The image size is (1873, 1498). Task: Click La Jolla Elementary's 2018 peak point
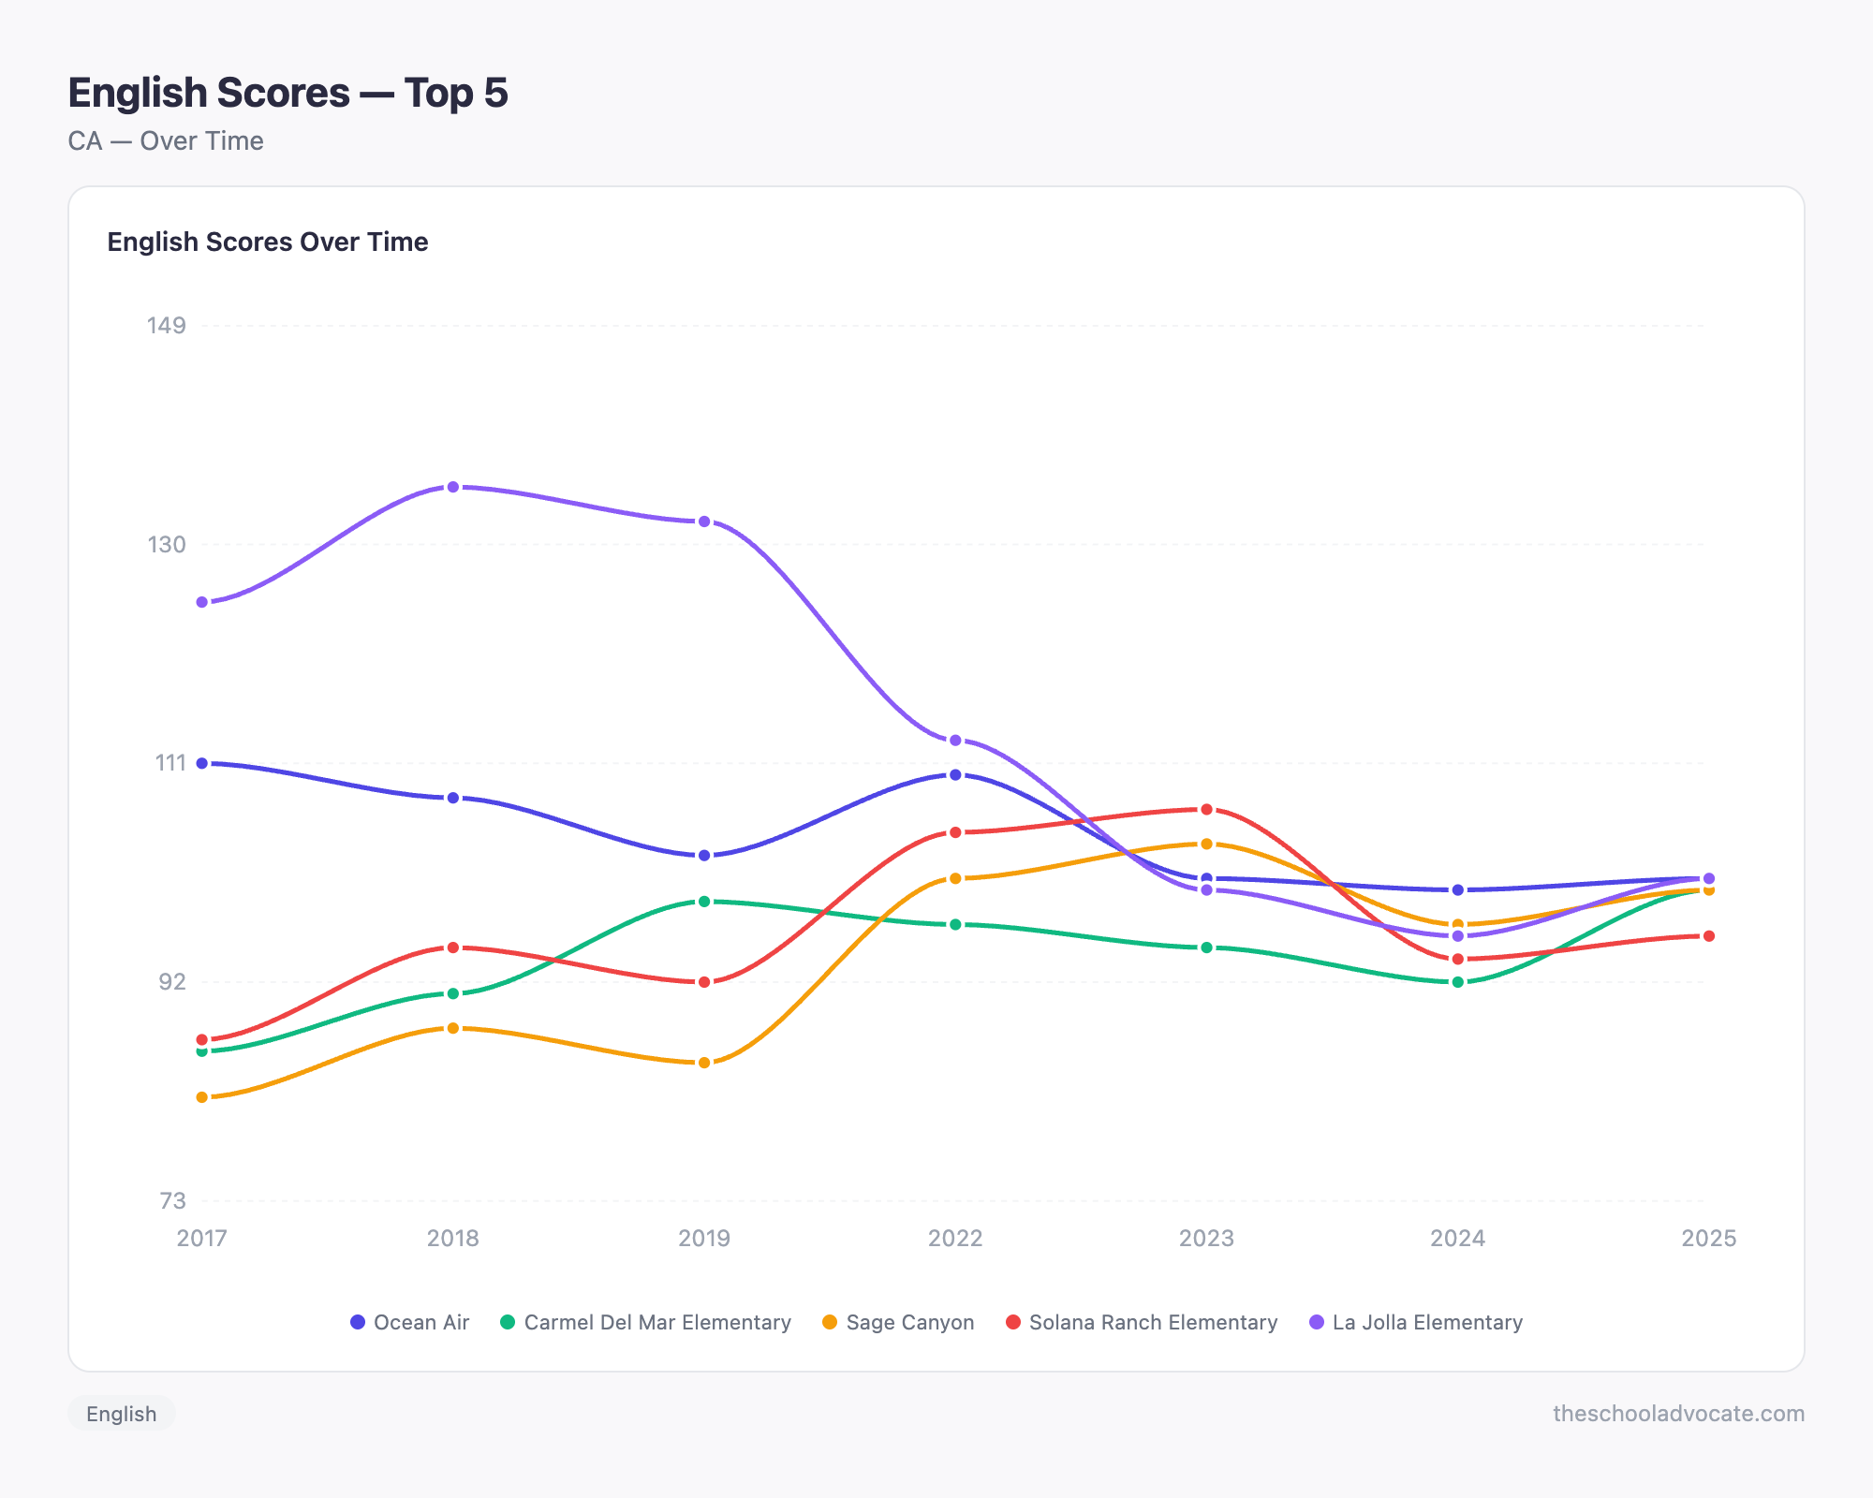coord(453,487)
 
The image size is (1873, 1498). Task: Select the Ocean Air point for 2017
coord(202,763)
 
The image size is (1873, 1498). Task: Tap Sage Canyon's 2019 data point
coord(704,1063)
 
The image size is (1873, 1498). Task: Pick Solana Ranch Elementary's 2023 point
coord(1206,809)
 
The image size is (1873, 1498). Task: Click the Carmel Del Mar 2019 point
coord(704,902)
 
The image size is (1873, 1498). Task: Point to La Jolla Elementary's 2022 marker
coord(955,741)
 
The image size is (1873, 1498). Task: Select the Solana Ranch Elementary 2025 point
coord(1708,936)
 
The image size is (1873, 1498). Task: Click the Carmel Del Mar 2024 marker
coord(1457,982)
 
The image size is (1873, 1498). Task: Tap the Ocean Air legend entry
coord(410,1322)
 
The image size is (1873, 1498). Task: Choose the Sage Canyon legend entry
coord(898,1322)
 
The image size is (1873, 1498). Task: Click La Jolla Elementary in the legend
coord(1416,1322)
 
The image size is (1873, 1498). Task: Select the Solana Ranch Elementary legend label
coord(1142,1322)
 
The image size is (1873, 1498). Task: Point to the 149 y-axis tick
coord(167,326)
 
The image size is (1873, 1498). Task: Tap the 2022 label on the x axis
coord(955,1238)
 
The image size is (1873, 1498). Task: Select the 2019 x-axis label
coord(704,1238)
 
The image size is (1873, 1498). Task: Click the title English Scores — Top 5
coord(288,93)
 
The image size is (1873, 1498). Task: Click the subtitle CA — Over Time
coord(166,141)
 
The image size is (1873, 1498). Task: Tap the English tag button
coord(122,1414)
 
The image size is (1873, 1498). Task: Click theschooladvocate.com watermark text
coord(1678,1414)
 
